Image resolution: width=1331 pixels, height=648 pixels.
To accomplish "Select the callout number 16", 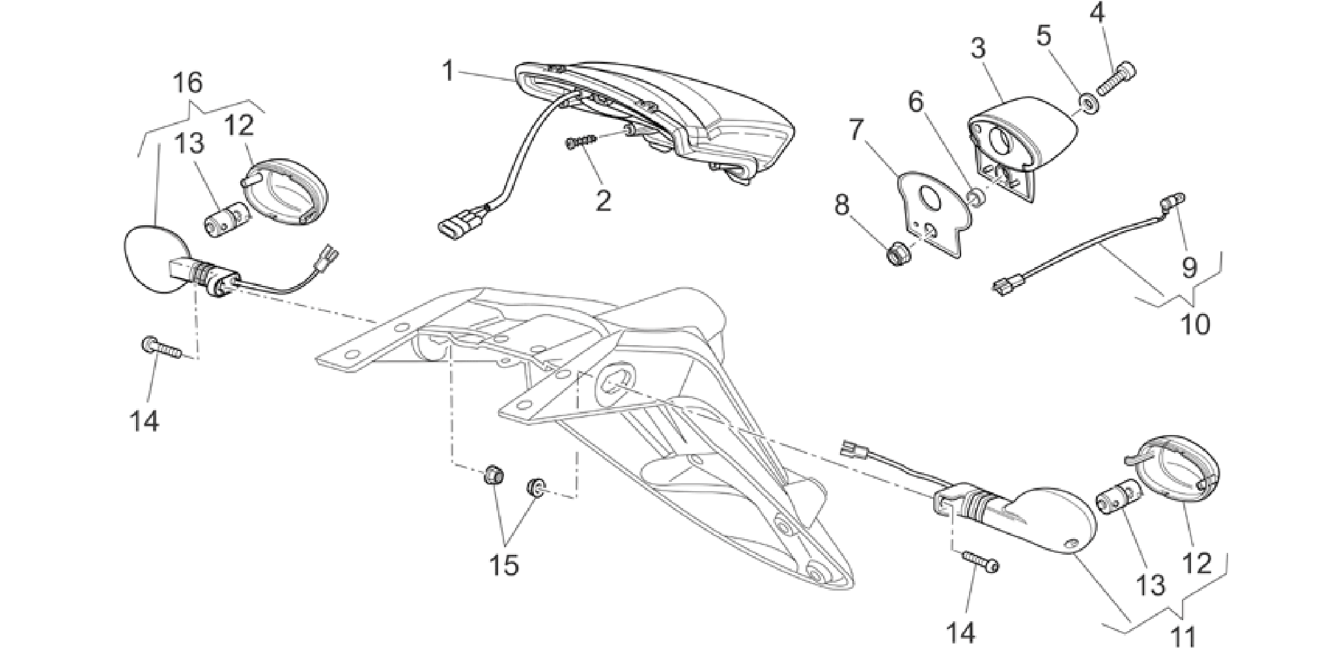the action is [188, 83].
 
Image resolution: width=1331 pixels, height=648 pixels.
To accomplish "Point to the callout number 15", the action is [505, 565].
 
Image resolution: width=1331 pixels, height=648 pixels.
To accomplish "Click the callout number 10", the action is [1196, 324].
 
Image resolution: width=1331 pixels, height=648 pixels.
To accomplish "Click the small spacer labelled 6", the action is [975, 197].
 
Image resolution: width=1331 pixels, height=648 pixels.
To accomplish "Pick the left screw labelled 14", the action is [160, 348].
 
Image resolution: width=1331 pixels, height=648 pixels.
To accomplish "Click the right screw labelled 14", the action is [980, 561].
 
